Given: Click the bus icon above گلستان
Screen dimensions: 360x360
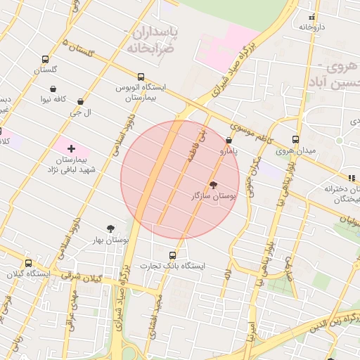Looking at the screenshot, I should [46, 59].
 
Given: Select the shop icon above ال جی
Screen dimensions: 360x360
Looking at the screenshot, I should [81, 102].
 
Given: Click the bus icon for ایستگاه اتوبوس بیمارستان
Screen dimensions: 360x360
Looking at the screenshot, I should [141, 77].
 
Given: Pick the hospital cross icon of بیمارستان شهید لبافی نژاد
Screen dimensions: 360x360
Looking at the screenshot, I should [71, 148].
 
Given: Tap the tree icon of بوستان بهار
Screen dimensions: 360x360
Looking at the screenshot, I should [110, 229].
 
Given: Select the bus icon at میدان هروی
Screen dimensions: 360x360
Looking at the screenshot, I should [295, 139].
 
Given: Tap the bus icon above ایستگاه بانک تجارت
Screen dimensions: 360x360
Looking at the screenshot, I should [173, 255].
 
